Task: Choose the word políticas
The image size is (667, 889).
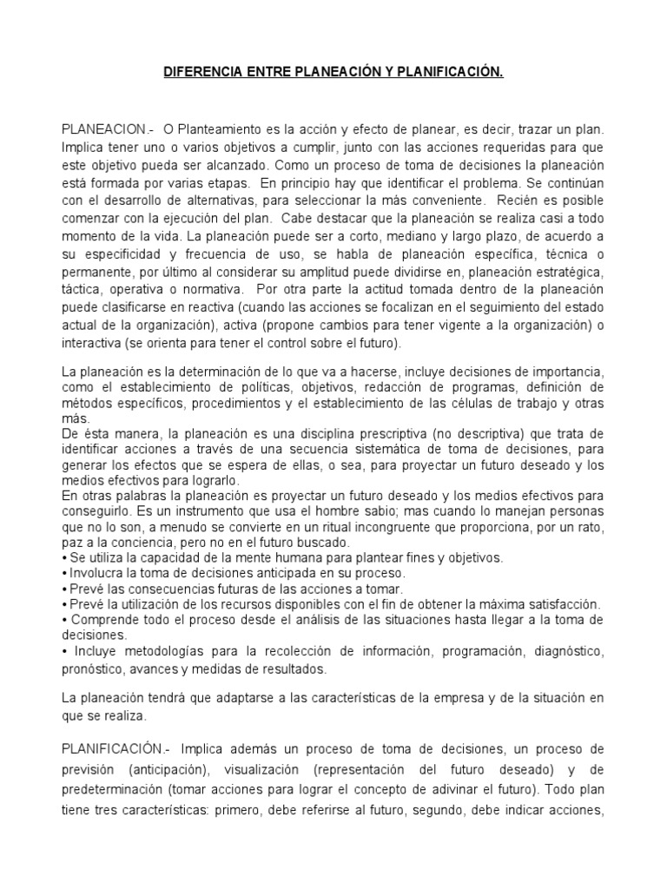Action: pos(288,386)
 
